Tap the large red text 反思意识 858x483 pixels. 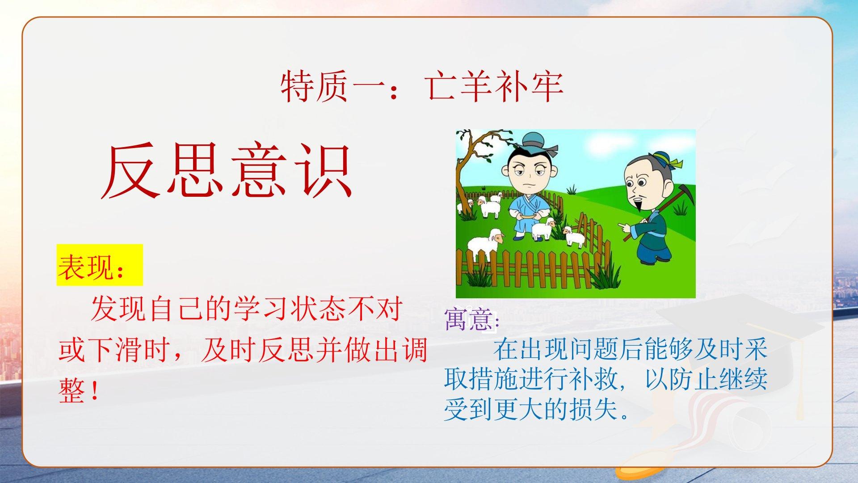click(x=227, y=171)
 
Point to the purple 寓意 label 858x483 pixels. click(x=467, y=319)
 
